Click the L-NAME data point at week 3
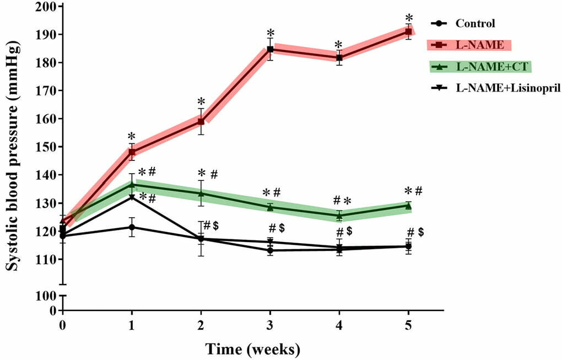coord(270,49)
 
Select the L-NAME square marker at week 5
coord(408,31)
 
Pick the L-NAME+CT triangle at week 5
coord(408,206)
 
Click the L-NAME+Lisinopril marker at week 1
coord(132,197)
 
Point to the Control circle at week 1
coord(132,227)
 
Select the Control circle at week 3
coord(270,250)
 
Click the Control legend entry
coord(475,24)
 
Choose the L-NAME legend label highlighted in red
coord(475,45)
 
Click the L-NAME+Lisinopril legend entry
coord(499,88)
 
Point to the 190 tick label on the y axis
coord(46,35)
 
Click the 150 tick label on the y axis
coord(46,147)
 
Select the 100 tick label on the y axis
coord(46,296)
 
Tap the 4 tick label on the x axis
coord(339,325)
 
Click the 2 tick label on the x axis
coord(201,325)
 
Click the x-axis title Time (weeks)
coord(253,348)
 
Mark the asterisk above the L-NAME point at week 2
coord(201,103)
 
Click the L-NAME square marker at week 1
coord(132,152)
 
